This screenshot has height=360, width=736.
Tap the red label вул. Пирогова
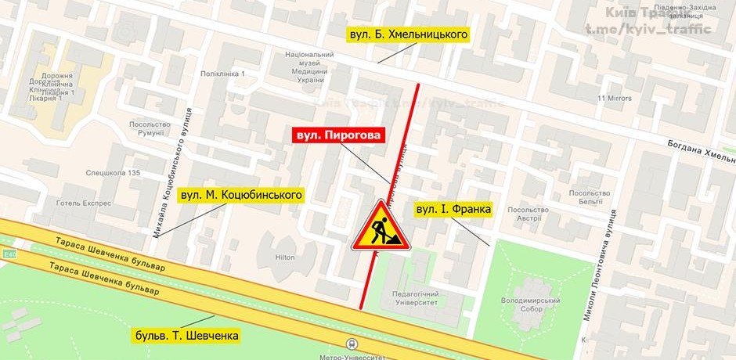click(340, 135)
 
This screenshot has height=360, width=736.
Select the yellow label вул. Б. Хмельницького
click(408, 35)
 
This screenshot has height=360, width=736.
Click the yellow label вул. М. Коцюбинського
click(241, 194)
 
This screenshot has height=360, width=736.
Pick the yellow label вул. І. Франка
click(453, 210)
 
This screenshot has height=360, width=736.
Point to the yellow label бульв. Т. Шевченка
click(186, 336)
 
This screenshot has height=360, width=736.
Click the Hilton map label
click(285, 257)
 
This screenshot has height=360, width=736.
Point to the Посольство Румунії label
click(150, 128)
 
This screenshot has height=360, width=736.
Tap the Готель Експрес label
click(84, 202)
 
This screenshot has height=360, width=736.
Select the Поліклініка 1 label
click(223, 74)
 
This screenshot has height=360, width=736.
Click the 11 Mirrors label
click(614, 99)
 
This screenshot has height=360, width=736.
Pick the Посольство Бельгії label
click(589, 197)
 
